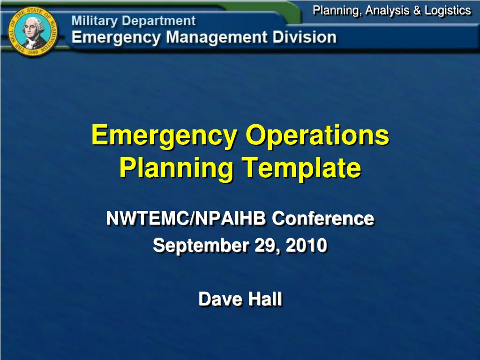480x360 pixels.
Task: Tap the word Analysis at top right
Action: point(388,10)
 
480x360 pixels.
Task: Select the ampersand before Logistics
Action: point(417,10)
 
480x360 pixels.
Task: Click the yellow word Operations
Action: point(318,135)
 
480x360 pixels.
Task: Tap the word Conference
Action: point(323,218)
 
